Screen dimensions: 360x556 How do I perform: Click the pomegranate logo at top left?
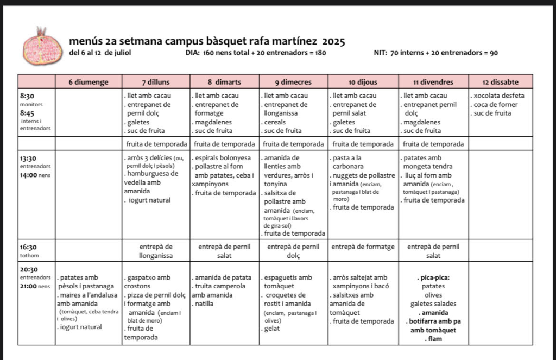(42, 46)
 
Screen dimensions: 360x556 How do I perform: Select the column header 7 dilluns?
(155, 83)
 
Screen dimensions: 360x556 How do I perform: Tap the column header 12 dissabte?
(500, 83)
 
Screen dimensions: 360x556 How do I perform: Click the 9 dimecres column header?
(293, 83)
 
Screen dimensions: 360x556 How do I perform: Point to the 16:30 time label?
(28, 247)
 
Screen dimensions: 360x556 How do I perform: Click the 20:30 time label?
(29, 269)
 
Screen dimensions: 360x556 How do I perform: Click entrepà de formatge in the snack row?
(363, 247)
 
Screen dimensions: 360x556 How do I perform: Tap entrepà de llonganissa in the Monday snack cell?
(156, 251)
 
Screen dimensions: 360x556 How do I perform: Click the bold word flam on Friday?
(433, 339)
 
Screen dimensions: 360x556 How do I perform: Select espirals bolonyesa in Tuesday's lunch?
(223, 158)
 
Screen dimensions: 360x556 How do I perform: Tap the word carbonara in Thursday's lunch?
(348, 167)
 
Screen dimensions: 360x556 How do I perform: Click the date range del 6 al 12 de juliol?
(100, 53)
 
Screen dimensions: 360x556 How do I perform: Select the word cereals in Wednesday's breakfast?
(276, 122)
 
